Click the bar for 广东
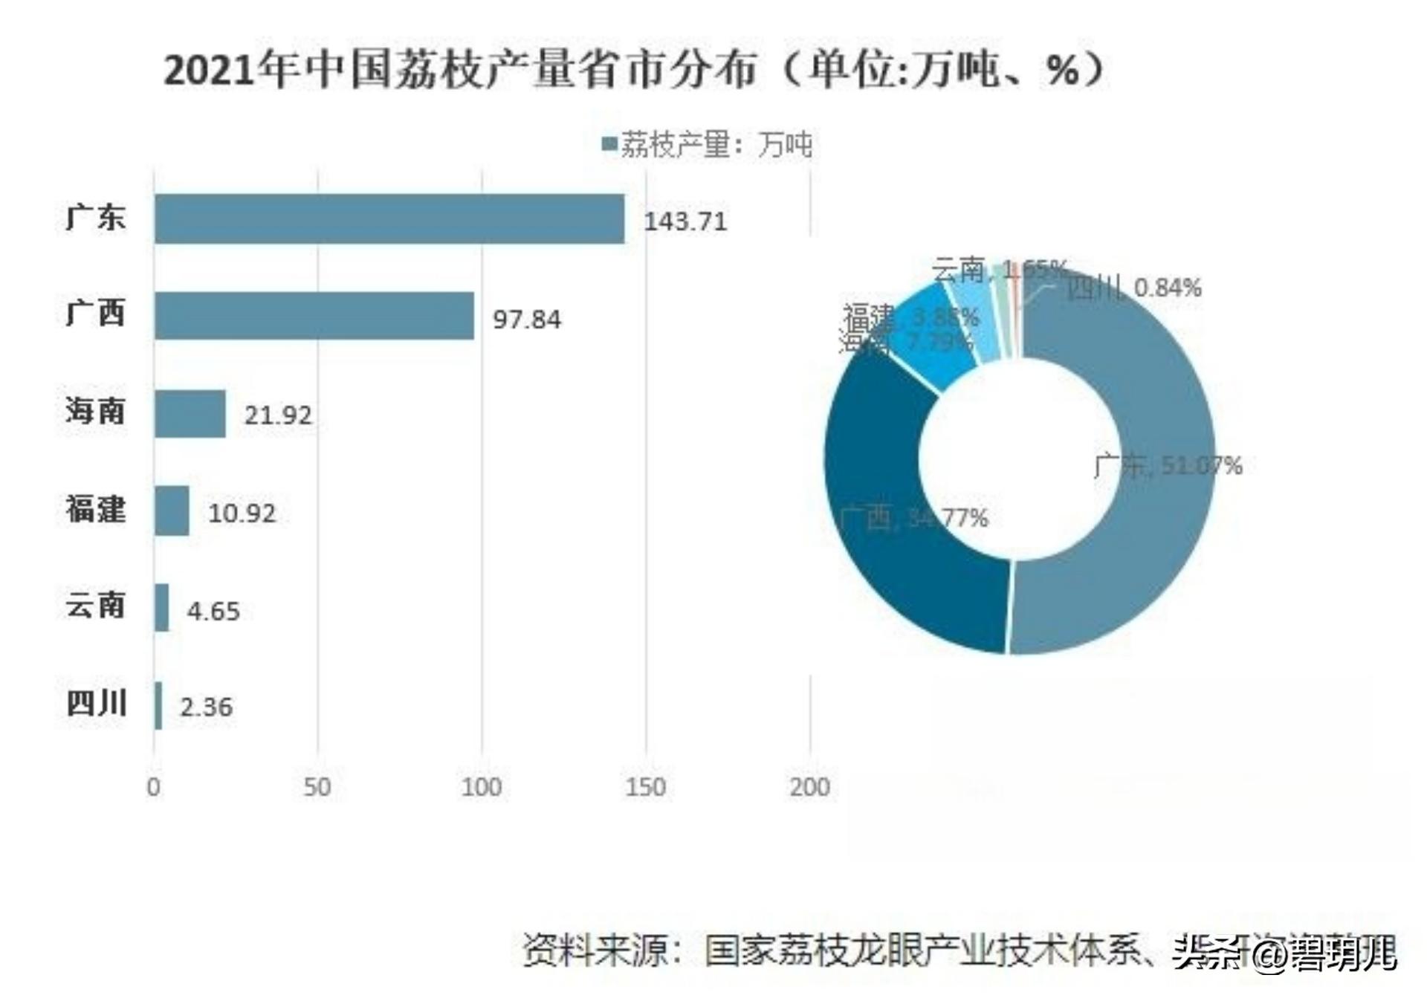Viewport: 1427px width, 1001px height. pyautogui.click(x=389, y=218)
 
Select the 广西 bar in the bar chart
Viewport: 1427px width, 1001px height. pyautogui.click(x=314, y=316)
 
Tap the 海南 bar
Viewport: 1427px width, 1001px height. pyautogui.click(x=190, y=413)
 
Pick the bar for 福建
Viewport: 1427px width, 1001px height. pyautogui.click(x=172, y=511)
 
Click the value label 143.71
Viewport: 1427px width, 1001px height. pyautogui.click(x=685, y=221)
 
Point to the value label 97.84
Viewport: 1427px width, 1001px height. pyautogui.click(x=526, y=320)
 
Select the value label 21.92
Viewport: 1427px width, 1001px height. pyautogui.click(x=278, y=415)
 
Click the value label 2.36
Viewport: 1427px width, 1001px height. pyautogui.click(x=206, y=707)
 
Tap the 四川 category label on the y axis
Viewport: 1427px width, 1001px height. pyautogui.click(x=96, y=703)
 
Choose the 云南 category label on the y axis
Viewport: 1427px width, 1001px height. pyautogui.click(x=95, y=606)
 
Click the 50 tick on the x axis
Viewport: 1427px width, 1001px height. pyautogui.click(x=317, y=787)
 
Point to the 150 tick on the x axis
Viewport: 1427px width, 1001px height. pyautogui.click(x=645, y=787)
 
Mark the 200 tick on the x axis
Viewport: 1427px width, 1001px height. pyautogui.click(x=809, y=787)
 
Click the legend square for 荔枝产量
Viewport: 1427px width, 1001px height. pyautogui.click(x=609, y=143)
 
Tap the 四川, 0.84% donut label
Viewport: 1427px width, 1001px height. pyautogui.click(x=1133, y=288)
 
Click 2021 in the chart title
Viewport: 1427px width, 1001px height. pyautogui.click(x=210, y=71)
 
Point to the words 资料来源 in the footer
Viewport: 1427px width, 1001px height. pyautogui.click(x=595, y=950)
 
